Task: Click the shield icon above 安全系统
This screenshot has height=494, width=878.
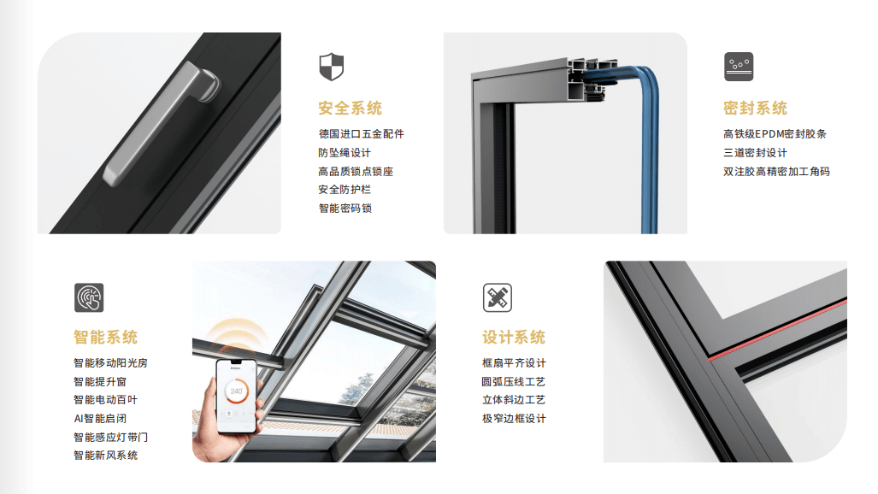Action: pyautogui.click(x=331, y=67)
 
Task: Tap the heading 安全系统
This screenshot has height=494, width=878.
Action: pyautogui.click(x=350, y=108)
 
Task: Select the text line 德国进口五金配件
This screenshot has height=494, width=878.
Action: pyautogui.click(x=361, y=134)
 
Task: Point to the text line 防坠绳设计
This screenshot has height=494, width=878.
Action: pyautogui.click(x=345, y=152)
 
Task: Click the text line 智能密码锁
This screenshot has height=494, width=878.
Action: pyautogui.click(x=345, y=209)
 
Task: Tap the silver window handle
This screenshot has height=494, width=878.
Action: pyautogui.click(x=162, y=123)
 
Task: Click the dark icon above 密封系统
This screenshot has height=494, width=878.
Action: pyautogui.click(x=739, y=67)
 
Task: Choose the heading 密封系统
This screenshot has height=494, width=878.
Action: pyautogui.click(x=755, y=108)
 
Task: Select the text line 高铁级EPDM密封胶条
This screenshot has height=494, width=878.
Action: pyautogui.click(x=775, y=134)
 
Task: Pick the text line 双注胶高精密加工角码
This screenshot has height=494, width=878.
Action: pyautogui.click(x=776, y=172)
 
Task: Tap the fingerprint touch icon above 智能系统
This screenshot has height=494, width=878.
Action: pyautogui.click(x=89, y=297)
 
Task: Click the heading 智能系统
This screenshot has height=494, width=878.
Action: pyautogui.click(x=105, y=338)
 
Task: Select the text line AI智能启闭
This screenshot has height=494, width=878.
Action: pyautogui.click(x=100, y=419)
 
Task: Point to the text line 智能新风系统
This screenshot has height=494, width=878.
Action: pyautogui.click(x=105, y=456)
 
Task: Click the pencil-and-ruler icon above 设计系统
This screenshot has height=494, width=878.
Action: pyautogui.click(x=498, y=297)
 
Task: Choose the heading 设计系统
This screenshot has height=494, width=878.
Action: pyautogui.click(x=514, y=338)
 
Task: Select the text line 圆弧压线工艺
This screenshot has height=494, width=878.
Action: pyautogui.click(x=514, y=381)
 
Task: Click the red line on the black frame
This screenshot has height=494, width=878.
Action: pyautogui.click(x=777, y=329)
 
